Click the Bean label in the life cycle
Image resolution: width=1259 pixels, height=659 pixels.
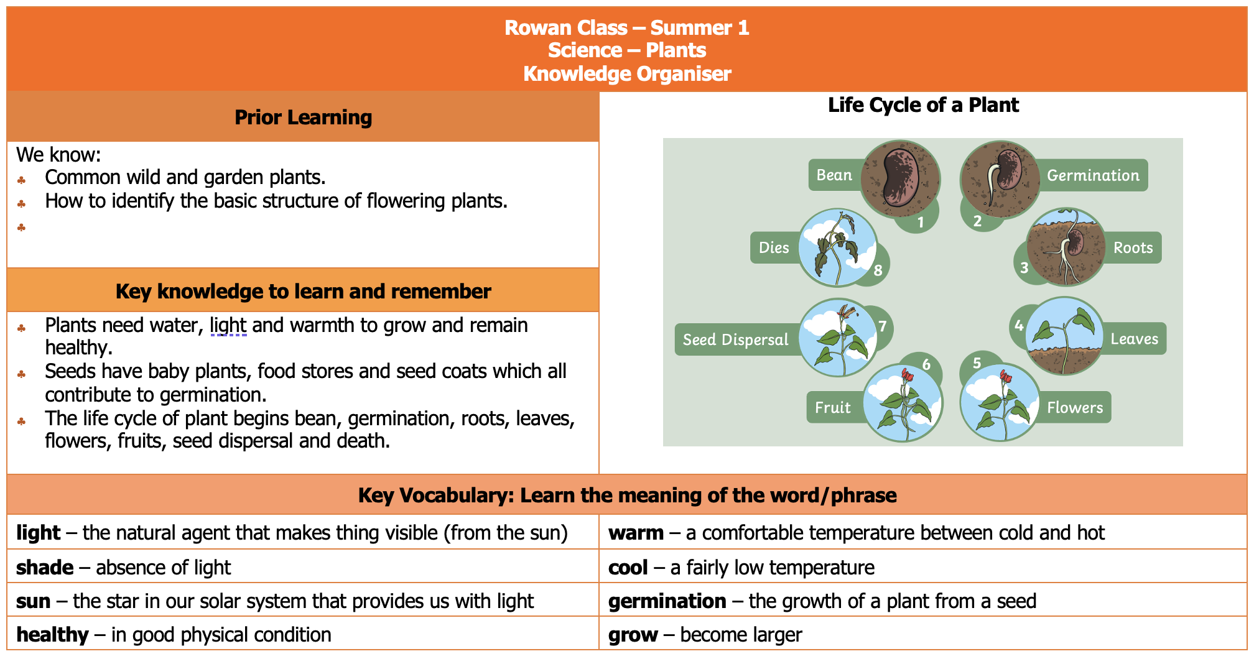(834, 175)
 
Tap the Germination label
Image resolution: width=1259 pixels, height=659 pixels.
(1093, 175)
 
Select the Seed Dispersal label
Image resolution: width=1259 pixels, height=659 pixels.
(735, 339)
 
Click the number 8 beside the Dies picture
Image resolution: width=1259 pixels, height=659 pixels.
(878, 270)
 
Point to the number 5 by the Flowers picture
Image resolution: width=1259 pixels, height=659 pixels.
(977, 363)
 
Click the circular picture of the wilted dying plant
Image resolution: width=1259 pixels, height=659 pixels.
(837, 247)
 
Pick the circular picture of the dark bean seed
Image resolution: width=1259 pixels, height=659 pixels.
(900, 179)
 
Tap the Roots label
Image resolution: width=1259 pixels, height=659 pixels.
(1133, 247)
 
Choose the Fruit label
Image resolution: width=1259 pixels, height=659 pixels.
(832, 407)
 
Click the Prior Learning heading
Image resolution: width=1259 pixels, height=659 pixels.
(303, 117)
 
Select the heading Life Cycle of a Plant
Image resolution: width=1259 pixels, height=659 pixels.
(923, 104)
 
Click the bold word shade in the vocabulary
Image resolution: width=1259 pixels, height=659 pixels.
(45, 567)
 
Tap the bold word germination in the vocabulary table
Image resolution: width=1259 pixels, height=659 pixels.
(667, 601)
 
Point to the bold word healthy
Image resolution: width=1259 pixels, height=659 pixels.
(52, 634)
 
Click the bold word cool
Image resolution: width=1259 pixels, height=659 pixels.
(628, 567)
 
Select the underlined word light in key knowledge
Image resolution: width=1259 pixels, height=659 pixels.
(228, 325)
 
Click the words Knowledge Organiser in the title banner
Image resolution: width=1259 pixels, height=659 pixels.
(627, 73)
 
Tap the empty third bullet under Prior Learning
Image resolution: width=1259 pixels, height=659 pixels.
(21, 227)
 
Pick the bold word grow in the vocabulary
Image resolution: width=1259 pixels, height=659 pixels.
(633, 635)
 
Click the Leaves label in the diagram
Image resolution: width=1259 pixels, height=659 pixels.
(1134, 339)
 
